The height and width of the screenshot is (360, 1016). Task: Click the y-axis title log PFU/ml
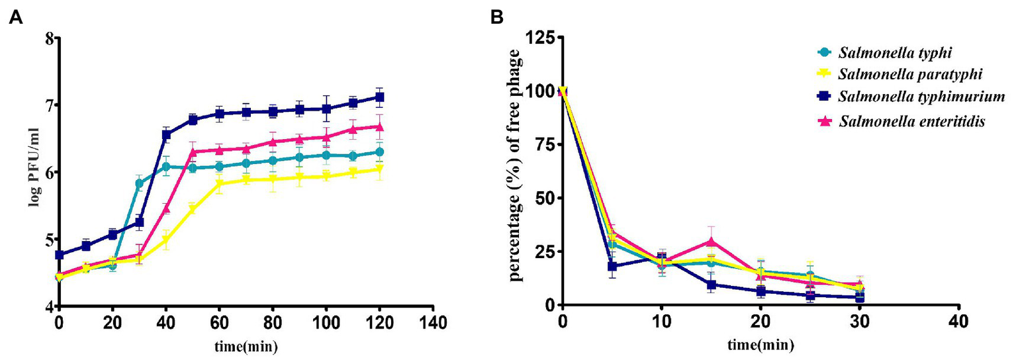tap(32, 170)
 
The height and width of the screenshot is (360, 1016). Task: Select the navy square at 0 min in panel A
tap(60, 255)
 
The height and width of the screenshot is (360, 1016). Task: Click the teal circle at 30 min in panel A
tap(139, 184)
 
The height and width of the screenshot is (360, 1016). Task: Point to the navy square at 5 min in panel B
tap(612, 267)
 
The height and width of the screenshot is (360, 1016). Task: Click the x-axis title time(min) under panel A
tap(245, 346)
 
